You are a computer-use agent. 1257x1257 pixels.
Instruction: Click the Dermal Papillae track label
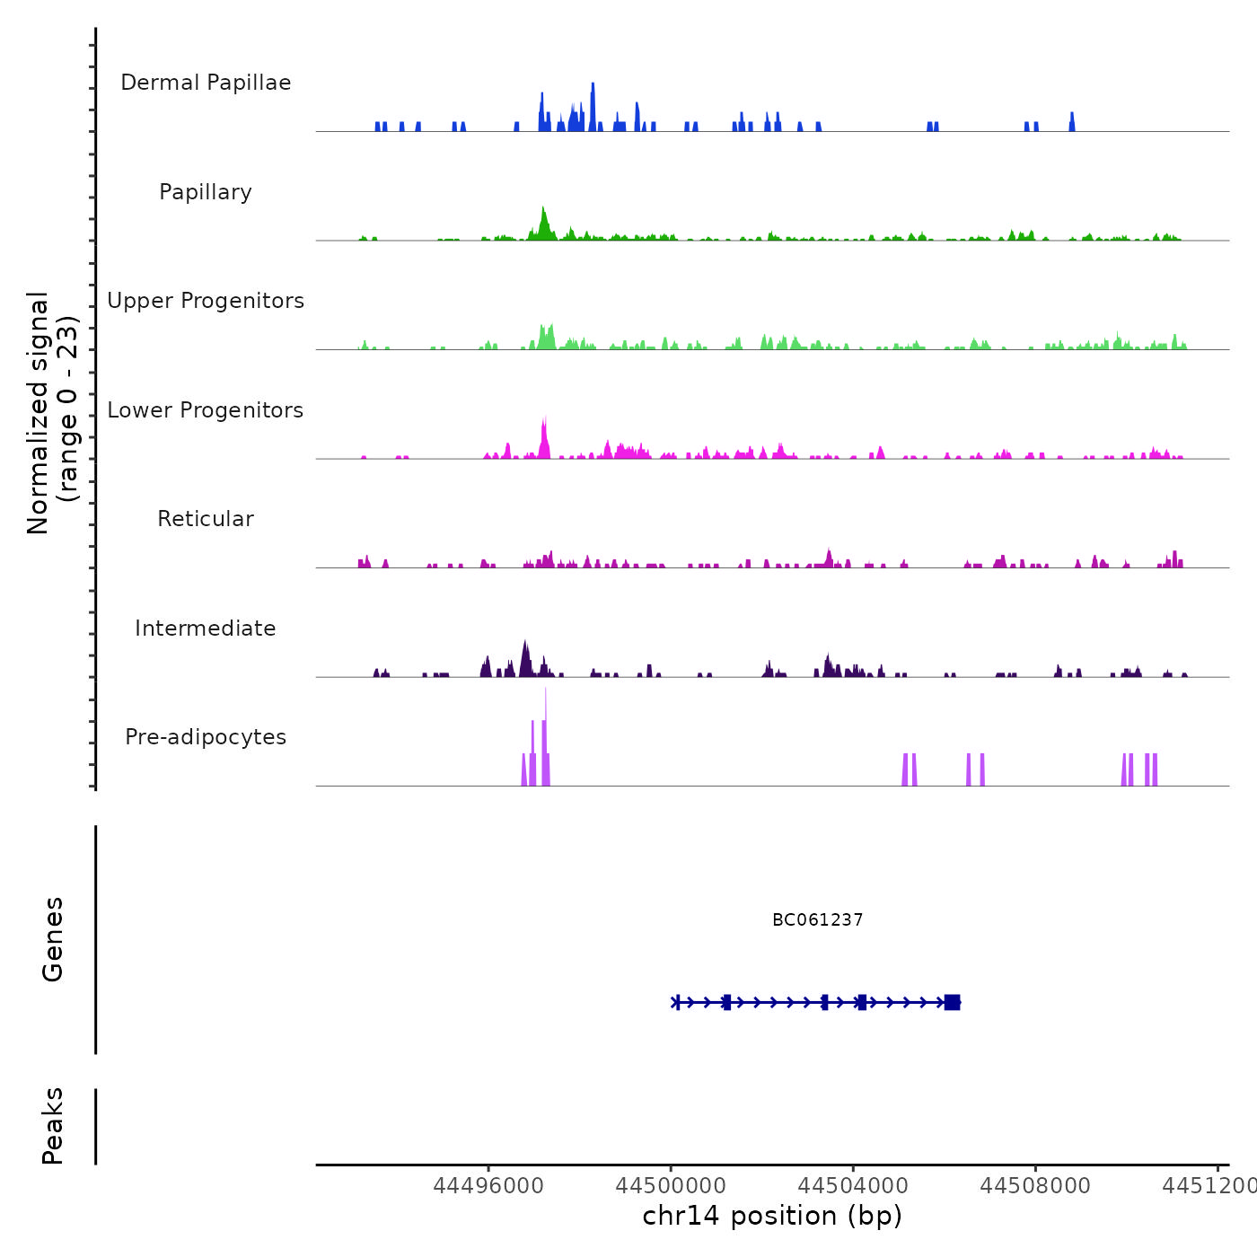coord(206,83)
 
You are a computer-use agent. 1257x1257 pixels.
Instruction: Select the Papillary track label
coord(206,192)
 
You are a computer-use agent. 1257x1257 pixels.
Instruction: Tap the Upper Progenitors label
coord(206,301)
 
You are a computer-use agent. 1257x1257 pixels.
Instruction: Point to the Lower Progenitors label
coord(206,410)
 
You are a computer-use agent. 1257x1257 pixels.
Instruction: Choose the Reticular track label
coord(206,519)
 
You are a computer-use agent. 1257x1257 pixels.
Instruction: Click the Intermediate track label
coord(206,628)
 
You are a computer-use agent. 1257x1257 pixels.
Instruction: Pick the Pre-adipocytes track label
coord(206,737)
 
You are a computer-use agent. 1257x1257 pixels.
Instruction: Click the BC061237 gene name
coord(817,920)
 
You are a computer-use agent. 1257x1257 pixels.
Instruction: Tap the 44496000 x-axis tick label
coord(488,1186)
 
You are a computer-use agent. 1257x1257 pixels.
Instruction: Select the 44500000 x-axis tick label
coord(671,1186)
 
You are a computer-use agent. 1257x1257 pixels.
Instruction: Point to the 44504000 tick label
coord(853,1186)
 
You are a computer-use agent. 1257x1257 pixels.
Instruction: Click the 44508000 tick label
coord(1035,1186)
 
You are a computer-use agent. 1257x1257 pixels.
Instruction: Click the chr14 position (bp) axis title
coord(772,1216)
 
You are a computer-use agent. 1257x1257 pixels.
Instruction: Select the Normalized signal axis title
coord(52,412)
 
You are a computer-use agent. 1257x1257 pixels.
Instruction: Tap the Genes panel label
coord(53,939)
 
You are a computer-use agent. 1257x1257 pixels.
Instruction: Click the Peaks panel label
coord(53,1126)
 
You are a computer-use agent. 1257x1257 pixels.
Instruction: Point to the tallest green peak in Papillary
coord(543,215)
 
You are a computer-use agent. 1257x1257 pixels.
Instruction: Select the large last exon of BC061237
coord(953,1002)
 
